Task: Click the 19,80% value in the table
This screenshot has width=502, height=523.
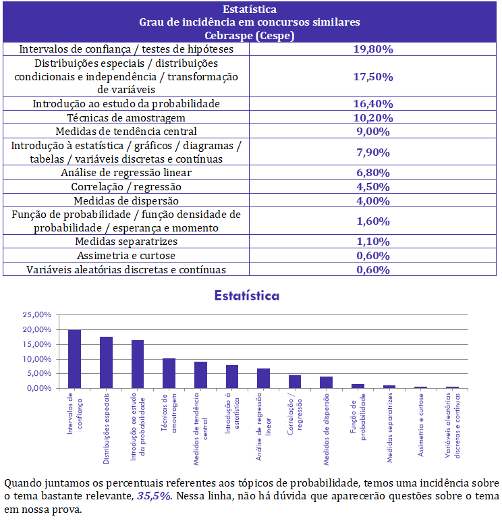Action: point(373,49)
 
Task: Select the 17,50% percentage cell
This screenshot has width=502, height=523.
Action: point(373,77)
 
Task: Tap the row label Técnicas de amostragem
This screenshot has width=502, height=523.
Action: point(126,117)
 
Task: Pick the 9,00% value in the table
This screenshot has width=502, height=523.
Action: point(373,132)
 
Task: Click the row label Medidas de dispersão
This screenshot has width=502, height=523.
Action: point(126,201)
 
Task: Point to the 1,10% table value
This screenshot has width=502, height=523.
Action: point(373,242)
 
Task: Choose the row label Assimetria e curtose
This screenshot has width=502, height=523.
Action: point(126,256)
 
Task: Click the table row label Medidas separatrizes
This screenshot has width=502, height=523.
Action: point(126,242)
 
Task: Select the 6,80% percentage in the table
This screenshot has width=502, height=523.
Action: point(373,173)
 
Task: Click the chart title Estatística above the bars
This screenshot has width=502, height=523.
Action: point(247,296)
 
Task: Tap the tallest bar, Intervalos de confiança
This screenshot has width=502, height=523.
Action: point(74,359)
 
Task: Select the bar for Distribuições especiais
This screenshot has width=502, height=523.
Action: point(106,362)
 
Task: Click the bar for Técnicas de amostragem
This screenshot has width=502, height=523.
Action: point(169,373)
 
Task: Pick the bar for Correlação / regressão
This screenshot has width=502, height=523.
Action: point(295,382)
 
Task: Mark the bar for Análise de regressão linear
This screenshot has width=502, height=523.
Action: point(263,379)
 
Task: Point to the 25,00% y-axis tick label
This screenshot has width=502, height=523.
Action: point(37,314)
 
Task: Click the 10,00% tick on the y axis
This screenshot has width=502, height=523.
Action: point(37,359)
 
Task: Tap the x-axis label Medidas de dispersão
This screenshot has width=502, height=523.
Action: point(326,429)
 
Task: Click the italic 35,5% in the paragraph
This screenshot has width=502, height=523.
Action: point(154,496)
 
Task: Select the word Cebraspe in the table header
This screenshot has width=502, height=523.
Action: point(229,36)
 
